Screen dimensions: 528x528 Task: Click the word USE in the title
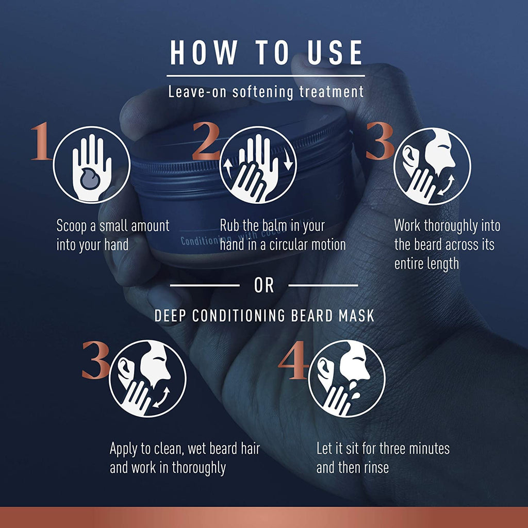pyautogui.click(x=335, y=52)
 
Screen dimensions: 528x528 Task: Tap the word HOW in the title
pyautogui.click(x=203, y=52)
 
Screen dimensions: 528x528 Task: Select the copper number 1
pyautogui.click(x=41, y=141)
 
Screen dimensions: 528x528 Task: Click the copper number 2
pyautogui.click(x=206, y=141)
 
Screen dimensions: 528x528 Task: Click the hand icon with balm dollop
pyautogui.click(x=92, y=165)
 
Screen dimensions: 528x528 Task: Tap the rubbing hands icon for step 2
pyautogui.click(x=258, y=165)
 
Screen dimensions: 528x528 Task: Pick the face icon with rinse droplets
pyautogui.click(x=347, y=379)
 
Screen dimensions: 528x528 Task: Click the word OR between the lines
pyautogui.click(x=264, y=286)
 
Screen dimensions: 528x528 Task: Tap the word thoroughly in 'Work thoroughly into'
pyautogui.click(x=451, y=226)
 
